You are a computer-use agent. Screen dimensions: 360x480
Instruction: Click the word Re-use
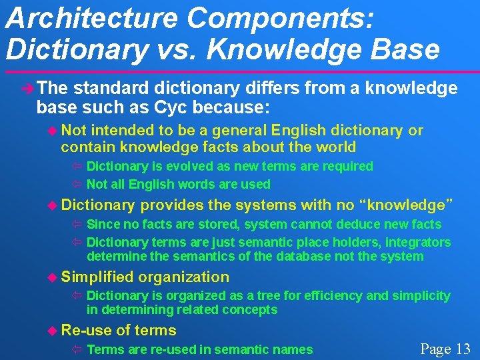86,330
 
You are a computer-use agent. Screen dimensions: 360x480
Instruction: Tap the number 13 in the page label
463,349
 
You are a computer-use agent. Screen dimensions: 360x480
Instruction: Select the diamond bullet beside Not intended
53,131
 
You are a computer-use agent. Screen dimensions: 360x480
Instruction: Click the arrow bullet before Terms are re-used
77,349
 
